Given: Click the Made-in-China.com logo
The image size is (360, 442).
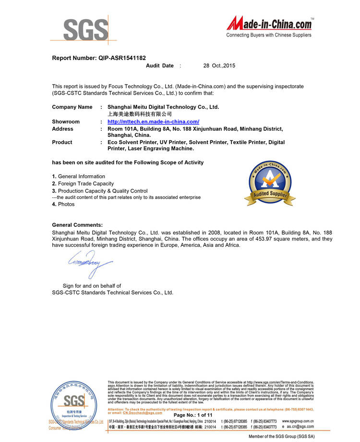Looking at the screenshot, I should click(x=269, y=27).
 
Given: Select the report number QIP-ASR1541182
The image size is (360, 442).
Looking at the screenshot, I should click(x=122, y=58).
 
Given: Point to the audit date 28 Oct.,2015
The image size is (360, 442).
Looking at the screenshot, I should click(x=219, y=65).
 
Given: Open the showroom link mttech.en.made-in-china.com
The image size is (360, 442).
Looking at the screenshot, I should click(x=153, y=122).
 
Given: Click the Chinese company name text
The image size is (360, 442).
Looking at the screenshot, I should click(x=140, y=114).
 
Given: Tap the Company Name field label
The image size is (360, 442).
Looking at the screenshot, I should click(x=72, y=107).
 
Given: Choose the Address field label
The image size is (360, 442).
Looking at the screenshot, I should click(x=62, y=129).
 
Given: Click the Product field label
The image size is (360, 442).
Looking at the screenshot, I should click(x=62, y=142).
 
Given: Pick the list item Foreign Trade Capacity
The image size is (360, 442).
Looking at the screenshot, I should click(x=86, y=184).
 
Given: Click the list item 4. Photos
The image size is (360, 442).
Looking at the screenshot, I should click(x=63, y=204).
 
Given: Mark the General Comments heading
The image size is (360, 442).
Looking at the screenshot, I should click(x=77, y=225).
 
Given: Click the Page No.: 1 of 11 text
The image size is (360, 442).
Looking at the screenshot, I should click(x=192, y=415).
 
